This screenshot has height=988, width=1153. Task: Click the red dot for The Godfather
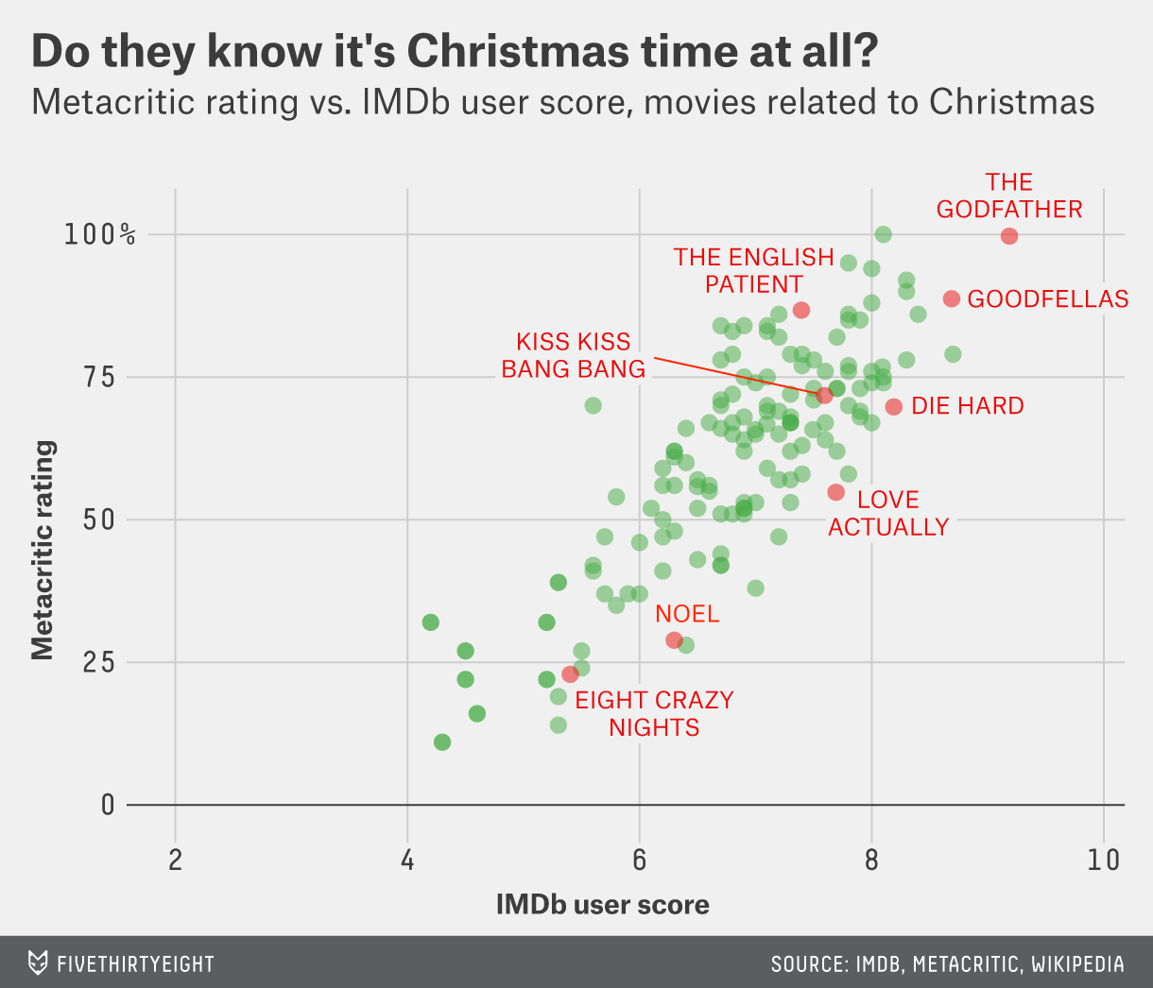(x=1009, y=235)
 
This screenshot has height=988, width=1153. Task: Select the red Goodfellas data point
(x=952, y=298)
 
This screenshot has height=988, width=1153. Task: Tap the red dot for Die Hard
(x=894, y=406)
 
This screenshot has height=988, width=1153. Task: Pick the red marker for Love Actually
(x=835, y=492)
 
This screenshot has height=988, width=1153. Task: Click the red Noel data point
(x=674, y=639)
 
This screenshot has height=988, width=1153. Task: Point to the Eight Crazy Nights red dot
(x=570, y=674)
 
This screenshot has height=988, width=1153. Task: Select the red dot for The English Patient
(x=801, y=310)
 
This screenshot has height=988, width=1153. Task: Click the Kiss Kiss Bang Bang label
(x=573, y=355)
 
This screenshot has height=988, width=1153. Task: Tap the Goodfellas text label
(x=1048, y=299)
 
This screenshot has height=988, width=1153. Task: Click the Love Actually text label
(x=888, y=513)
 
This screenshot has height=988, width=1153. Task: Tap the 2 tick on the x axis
(x=175, y=860)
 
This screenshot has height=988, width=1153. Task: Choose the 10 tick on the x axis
(x=1103, y=860)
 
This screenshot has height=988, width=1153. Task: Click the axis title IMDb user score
(x=602, y=905)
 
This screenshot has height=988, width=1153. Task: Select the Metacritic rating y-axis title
(x=43, y=549)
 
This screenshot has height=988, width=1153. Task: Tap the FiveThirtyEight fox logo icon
(x=37, y=962)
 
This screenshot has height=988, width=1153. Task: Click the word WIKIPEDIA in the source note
(x=1077, y=964)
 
